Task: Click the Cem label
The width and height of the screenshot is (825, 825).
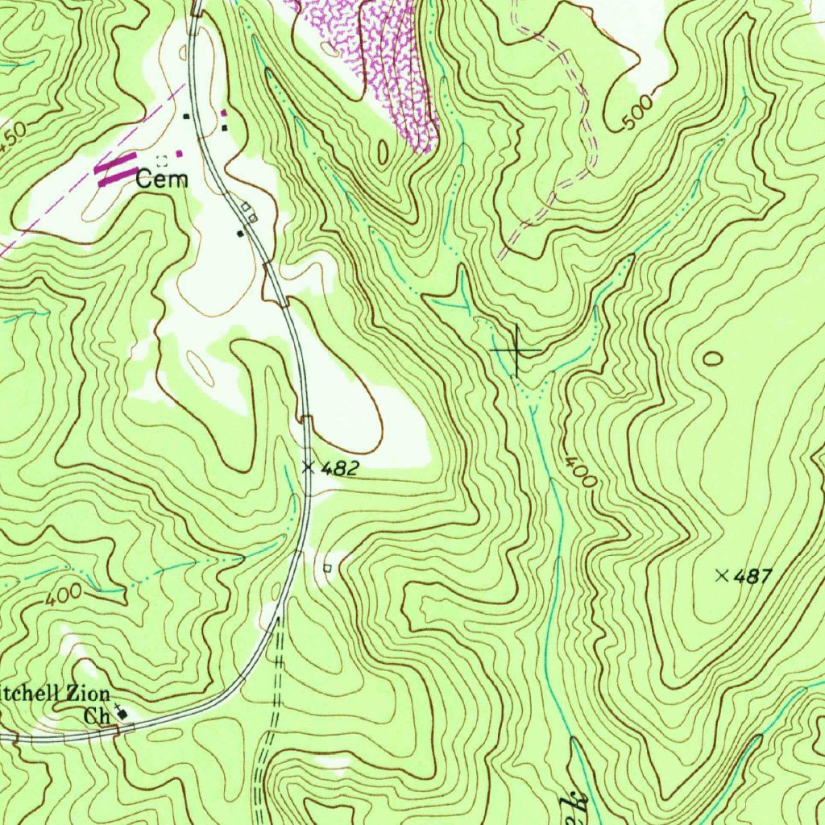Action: click(x=162, y=179)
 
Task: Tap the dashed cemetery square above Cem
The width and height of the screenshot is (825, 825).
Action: click(x=162, y=160)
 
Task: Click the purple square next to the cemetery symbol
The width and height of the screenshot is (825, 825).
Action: click(x=180, y=152)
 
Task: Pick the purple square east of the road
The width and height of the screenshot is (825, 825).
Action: click(x=224, y=113)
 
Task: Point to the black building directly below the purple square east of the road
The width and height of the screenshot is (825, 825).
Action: click(x=224, y=127)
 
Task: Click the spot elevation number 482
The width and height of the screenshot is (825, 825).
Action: click(x=338, y=468)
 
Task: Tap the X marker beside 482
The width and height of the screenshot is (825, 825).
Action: click(x=308, y=466)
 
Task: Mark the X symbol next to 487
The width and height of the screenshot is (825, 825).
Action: click(x=722, y=574)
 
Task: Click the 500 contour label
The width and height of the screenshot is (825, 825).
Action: click(x=639, y=118)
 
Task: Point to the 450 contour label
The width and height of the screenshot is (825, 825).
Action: click(x=12, y=134)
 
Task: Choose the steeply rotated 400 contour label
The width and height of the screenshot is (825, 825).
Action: click(x=580, y=472)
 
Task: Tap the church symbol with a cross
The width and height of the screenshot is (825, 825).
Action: click(x=122, y=712)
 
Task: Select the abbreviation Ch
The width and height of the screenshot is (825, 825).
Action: click(x=97, y=715)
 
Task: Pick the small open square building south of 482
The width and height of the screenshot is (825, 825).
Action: click(x=327, y=568)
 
